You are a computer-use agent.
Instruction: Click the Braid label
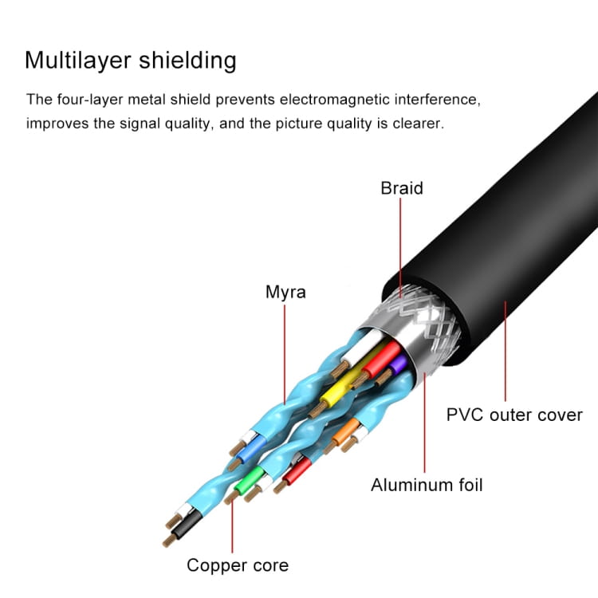tap(402, 188)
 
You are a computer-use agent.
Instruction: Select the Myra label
tap(285, 292)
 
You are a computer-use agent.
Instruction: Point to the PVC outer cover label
tap(514, 415)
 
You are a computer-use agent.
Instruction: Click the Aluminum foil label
tap(427, 485)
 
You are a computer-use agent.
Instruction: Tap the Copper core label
tap(238, 565)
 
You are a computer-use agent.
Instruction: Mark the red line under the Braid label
tap(400, 247)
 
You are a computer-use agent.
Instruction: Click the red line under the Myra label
tap(285, 351)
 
